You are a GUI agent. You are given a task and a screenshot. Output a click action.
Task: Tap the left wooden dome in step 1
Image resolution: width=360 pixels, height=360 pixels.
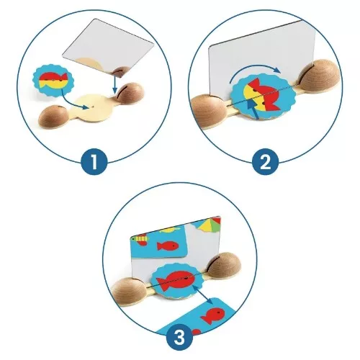point(50,118)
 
